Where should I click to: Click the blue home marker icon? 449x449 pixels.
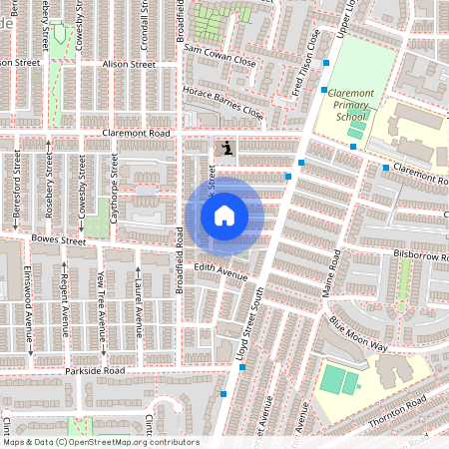(x=224, y=215)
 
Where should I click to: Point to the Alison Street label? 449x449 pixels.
(x=130, y=64)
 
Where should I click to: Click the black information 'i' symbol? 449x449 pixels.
(x=228, y=148)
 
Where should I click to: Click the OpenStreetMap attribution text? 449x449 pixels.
(x=100, y=442)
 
